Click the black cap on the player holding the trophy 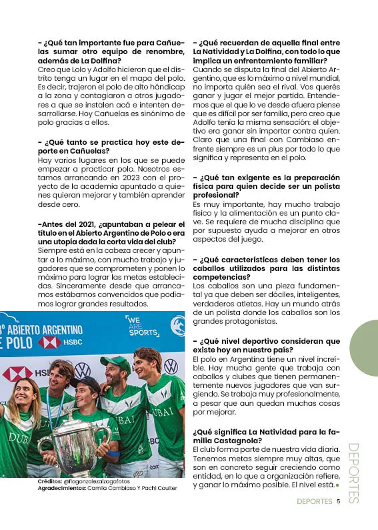coord(88,382)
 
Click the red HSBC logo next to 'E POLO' coord(49,342)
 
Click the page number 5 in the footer coord(339,503)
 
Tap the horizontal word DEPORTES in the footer coord(314,503)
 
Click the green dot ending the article coord(338,485)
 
